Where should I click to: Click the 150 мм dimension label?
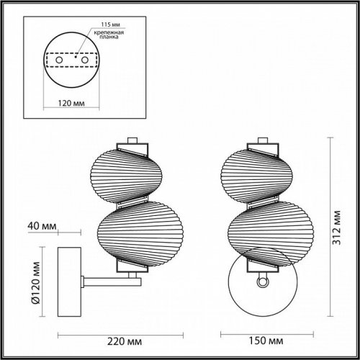[x=257, y=335]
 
